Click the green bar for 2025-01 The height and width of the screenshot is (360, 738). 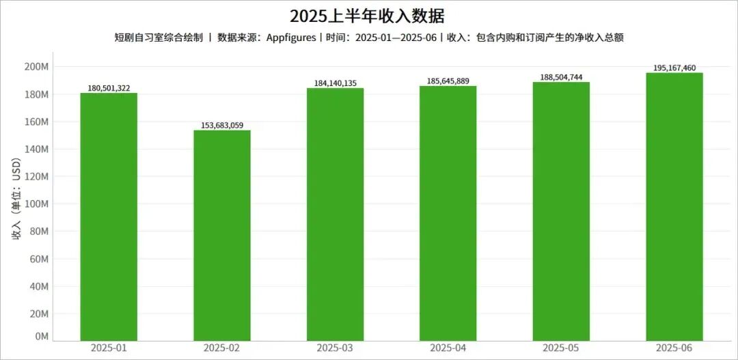click(109, 217)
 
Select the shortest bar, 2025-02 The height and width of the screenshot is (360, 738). click(222, 235)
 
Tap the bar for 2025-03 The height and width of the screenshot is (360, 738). click(335, 214)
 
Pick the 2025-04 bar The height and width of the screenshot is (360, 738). click(448, 213)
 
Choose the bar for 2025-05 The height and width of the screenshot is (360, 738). click(561, 211)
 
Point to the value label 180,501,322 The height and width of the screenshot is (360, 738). click(109, 88)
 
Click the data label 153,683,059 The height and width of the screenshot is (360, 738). click(222, 125)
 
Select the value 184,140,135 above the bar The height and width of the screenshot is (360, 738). click(335, 83)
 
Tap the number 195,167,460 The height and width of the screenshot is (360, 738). click(674, 68)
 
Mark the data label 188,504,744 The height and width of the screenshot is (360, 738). click(561, 77)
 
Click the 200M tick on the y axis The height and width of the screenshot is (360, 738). click(36, 67)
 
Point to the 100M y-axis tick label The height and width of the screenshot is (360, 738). click(36, 204)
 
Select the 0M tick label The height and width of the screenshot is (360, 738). click(41, 336)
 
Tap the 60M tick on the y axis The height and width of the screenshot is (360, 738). click(38, 259)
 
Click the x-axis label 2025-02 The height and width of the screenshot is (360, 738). click(222, 348)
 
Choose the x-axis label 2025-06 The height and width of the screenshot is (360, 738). click(674, 348)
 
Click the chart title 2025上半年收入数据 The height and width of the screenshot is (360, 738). click(369, 16)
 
